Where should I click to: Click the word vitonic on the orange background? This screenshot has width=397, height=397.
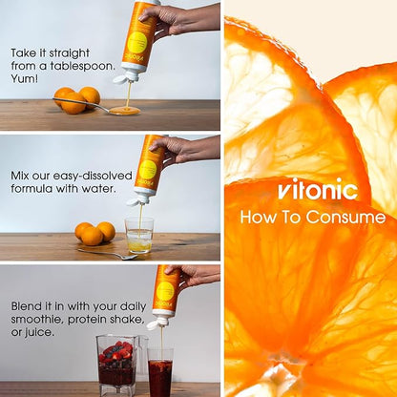coord(318,190)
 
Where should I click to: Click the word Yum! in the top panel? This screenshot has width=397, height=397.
coord(25,78)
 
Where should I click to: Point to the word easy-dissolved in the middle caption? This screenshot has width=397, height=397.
coord(93,177)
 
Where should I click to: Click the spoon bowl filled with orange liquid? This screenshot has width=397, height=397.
coord(125,111)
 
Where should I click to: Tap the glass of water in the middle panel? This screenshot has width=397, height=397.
coord(139,235)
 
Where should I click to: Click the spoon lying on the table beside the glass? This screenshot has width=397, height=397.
coord(108,254)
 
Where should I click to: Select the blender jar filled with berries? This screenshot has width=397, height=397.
coord(117,365)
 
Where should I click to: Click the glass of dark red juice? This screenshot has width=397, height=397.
coord(160,372)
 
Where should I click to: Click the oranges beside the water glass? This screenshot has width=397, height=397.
coord(94,234)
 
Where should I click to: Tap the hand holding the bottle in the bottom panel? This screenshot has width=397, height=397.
coord(193,275)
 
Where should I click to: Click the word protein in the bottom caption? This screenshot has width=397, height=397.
coord(88,320)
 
